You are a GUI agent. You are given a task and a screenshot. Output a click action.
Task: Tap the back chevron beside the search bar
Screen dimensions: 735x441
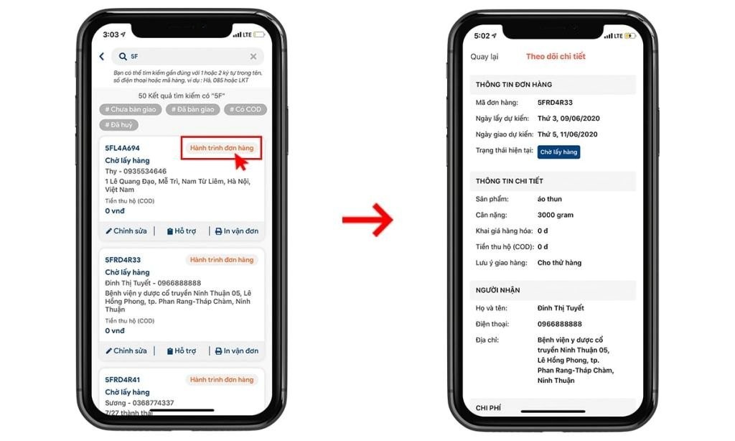click(x=102, y=56)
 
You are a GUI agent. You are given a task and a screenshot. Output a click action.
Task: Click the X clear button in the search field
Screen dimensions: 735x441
click(x=253, y=56)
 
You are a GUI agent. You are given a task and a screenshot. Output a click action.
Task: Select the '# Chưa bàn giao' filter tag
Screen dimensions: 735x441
click(x=131, y=109)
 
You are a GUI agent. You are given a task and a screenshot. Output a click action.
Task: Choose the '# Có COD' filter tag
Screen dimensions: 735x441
click(x=245, y=109)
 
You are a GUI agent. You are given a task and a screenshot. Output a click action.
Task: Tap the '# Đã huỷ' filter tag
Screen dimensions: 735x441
click(x=118, y=125)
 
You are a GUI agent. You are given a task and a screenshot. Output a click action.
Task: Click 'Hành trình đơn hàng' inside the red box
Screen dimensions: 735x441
click(x=222, y=148)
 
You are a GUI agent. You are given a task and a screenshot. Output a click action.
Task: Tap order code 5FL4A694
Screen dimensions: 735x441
click(x=122, y=148)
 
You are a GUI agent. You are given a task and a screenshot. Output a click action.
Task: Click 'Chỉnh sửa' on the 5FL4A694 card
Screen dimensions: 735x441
click(x=126, y=231)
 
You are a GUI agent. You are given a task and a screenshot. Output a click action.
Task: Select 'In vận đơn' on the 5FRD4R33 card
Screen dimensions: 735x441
click(x=237, y=351)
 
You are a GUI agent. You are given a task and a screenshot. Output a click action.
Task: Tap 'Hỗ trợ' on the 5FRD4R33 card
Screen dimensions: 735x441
click(x=182, y=351)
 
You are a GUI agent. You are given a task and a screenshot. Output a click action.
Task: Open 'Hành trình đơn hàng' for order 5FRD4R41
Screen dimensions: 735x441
click(x=222, y=379)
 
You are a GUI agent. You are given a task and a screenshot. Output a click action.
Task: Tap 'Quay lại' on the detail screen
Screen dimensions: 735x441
click(x=484, y=57)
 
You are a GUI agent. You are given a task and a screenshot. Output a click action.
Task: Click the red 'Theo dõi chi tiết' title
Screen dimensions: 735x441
click(x=556, y=56)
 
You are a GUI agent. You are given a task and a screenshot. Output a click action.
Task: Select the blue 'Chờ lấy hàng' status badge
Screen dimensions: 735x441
click(x=558, y=152)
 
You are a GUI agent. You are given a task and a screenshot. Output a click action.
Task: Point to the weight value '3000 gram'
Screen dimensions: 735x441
click(x=556, y=215)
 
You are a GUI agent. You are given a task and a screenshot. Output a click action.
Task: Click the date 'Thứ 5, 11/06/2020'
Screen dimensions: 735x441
click(x=568, y=134)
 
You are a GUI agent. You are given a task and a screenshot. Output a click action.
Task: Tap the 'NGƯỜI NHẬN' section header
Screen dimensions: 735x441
click(x=498, y=290)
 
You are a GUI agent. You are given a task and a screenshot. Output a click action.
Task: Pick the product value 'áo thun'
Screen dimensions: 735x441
click(x=549, y=199)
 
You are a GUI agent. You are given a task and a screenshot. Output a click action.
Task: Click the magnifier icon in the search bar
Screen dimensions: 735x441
click(x=123, y=56)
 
